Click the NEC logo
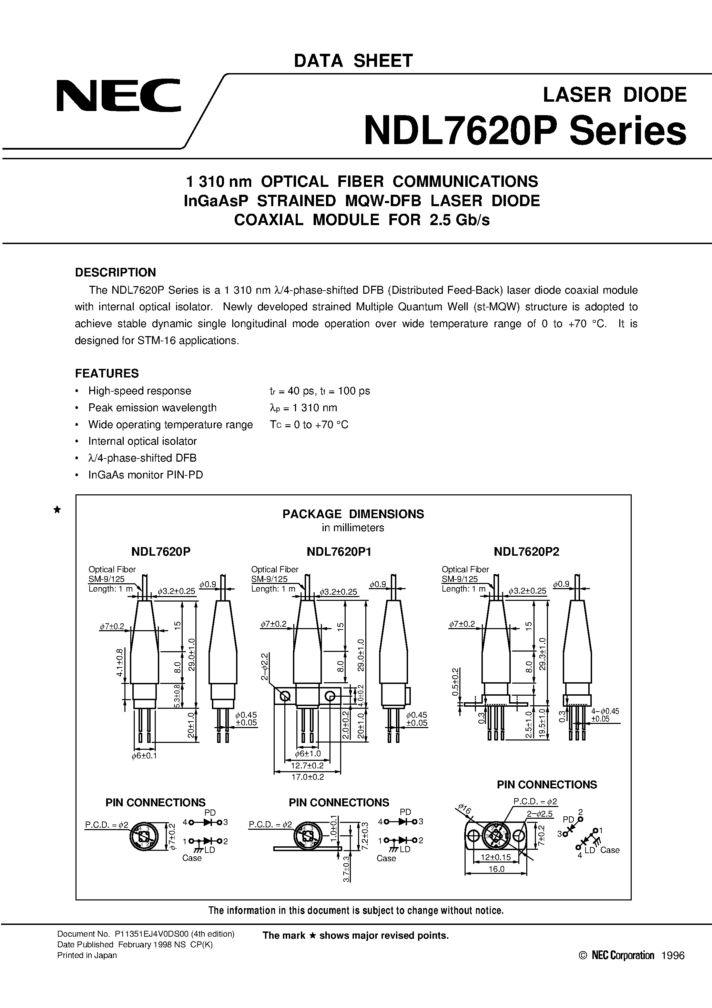(x=119, y=95)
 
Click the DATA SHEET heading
(x=353, y=61)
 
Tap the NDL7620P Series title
(x=525, y=131)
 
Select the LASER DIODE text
(x=614, y=95)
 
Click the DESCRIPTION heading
(x=115, y=272)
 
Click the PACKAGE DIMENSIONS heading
(x=353, y=514)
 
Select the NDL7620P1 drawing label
(x=339, y=552)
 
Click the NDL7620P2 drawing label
(x=526, y=552)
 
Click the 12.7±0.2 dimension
(x=307, y=766)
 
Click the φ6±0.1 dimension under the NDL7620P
(x=144, y=756)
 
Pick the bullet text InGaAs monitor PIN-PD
(x=145, y=475)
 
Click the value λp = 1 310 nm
(x=303, y=408)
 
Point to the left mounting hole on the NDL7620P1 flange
(x=285, y=696)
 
